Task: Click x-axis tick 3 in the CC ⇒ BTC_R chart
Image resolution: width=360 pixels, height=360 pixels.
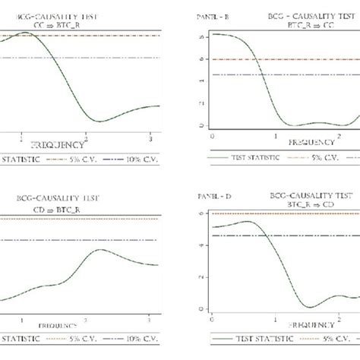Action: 150,137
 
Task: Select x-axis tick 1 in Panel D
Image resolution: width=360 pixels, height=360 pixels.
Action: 275,317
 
